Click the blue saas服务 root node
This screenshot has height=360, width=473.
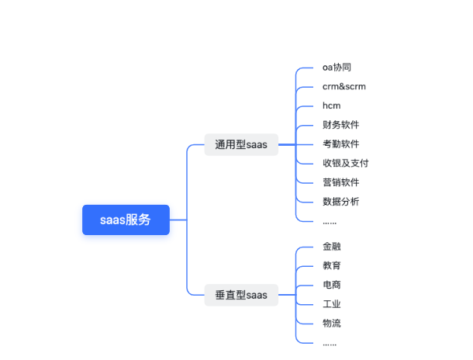pyautogui.click(x=126, y=220)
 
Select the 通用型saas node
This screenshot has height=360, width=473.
pyautogui.click(x=241, y=144)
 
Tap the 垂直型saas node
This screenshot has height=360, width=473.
pyautogui.click(x=241, y=295)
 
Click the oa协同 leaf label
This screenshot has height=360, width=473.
pyautogui.click(x=337, y=67)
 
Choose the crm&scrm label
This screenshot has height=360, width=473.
pyautogui.click(x=344, y=86)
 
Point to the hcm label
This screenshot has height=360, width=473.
pyautogui.click(x=332, y=106)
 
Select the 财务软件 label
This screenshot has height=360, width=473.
pyautogui.click(x=341, y=125)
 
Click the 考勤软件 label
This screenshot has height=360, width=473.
pyautogui.click(x=341, y=144)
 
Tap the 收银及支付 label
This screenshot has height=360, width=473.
pyautogui.click(x=346, y=163)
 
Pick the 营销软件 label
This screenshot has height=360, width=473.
pyautogui.click(x=341, y=182)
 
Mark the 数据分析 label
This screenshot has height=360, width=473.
pyautogui.click(x=341, y=202)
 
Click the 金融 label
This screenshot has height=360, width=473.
pyautogui.click(x=332, y=247)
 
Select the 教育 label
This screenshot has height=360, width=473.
pyautogui.click(x=332, y=265)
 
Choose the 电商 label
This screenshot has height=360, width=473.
pyautogui.click(x=332, y=285)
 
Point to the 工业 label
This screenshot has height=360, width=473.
pyautogui.click(x=332, y=304)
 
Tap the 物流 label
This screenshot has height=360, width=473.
pyautogui.click(x=332, y=323)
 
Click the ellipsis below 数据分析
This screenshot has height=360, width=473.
pyautogui.click(x=330, y=222)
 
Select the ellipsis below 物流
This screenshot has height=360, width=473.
pyautogui.click(x=330, y=343)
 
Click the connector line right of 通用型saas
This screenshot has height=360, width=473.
pyautogui.click(x=287, y=144)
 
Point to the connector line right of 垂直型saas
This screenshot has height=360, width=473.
pyautogui.click(x=287, y=295)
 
